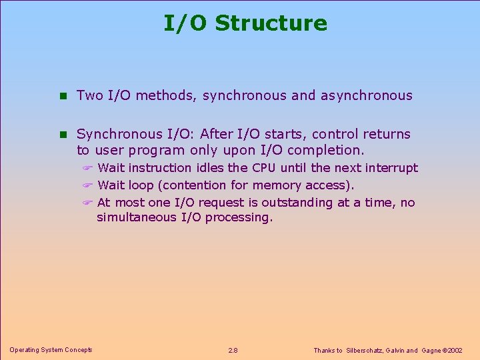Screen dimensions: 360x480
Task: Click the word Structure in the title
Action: click(271, 23)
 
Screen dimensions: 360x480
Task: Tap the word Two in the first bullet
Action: click(89, 95)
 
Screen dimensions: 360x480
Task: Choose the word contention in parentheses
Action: click(189, 185)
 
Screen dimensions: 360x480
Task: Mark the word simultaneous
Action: click(137, 217)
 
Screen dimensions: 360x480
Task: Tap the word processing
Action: click(239, 218)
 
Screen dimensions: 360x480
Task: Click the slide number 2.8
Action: click(233, 350)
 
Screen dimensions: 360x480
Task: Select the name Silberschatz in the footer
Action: click(371, 350)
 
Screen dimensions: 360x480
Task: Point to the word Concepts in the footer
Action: click(77, 349)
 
